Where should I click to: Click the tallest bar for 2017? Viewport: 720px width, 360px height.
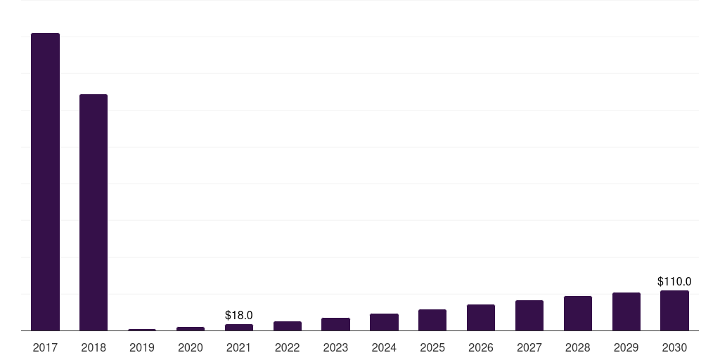click(45, 182)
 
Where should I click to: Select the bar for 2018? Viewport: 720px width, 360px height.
click(94, 212)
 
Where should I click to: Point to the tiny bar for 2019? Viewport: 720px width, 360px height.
click(142, 330)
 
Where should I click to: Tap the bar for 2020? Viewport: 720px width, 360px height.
click(190, 329)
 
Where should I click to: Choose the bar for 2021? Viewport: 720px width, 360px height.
click(239, 328)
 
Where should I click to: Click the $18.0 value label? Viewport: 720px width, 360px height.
click(239, 316)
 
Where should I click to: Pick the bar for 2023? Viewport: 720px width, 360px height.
click(335, 324)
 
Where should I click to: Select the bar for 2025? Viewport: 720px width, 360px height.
click(432, 320)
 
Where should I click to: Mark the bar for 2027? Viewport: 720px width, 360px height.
click(529, 316)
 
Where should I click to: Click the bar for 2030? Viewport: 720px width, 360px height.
click(674, 310)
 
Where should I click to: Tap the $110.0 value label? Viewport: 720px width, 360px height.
click(674, 281)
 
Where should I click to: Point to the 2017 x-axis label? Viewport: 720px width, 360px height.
click(45, 347)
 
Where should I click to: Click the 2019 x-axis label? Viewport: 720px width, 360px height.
click(142, 347)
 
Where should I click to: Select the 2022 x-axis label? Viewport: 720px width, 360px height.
click(287, 347)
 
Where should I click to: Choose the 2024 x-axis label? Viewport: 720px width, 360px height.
click(384, 347)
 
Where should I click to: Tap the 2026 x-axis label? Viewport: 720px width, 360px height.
click(481, 347)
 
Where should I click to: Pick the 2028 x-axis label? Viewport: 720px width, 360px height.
click(578, 347)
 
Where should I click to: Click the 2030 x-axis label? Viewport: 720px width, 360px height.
click(674, 347)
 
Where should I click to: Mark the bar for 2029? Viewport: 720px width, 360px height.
click(626, 311)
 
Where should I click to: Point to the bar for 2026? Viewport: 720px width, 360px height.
click(481, 318)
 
